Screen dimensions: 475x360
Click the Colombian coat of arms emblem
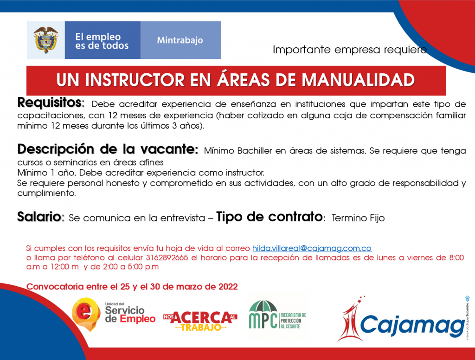tap(46, 40)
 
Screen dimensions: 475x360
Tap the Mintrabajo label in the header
tap(180, 40)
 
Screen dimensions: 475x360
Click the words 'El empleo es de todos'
tap(102, 41)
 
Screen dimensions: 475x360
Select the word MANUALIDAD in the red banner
tap(358, 80)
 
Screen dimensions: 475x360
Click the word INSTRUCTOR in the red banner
tap(135, 80)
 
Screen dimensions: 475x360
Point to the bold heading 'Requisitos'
tap(50, 103)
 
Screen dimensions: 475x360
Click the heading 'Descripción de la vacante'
tap(108, 149)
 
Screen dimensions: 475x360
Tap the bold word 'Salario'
tap(39, 217)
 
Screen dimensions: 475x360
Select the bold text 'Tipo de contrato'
tap(270, 217)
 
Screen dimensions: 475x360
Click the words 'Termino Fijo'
tap(358, 218)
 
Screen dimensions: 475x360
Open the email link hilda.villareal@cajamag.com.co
tap(312, 248)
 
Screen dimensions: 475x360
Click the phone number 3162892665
tap(167, 258)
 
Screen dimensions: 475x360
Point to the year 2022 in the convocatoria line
tap(228, 287)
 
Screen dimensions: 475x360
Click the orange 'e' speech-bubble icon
tap(86, 314)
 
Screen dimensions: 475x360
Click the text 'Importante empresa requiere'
tap(350, 50)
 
